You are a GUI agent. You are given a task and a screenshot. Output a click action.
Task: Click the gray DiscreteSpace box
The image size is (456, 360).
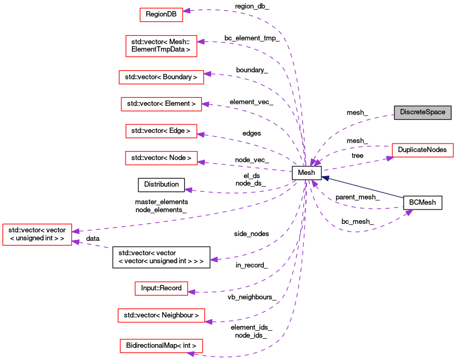[422, 112]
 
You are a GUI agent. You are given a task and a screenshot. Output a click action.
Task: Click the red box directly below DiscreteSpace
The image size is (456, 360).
[422, 150]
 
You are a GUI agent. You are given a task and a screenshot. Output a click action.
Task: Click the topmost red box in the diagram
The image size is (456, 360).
[161, 15]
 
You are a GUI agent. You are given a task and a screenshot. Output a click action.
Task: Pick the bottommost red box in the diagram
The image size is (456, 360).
[161, 346]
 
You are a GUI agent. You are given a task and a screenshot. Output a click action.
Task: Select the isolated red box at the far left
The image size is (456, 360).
[37, 235]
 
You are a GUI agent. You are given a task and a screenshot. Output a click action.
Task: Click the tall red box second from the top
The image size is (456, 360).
[161, 46]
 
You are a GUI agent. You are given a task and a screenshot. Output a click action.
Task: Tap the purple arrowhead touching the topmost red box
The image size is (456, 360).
[187, 11]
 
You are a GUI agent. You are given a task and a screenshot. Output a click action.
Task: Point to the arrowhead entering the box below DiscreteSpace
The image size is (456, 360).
[389, 158]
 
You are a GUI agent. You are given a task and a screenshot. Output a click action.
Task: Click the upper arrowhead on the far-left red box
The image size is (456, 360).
[76, 231]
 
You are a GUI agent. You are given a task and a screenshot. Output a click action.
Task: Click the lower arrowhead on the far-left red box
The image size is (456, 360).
[76, 242]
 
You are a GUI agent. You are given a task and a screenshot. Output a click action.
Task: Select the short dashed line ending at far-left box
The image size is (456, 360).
[96, 245]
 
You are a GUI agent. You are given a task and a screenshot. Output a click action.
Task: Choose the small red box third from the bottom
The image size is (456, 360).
[161, 288]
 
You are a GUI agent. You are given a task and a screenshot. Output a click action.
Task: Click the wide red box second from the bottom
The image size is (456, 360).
[161, 315]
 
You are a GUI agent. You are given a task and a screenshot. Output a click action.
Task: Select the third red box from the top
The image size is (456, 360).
[161, 77]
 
